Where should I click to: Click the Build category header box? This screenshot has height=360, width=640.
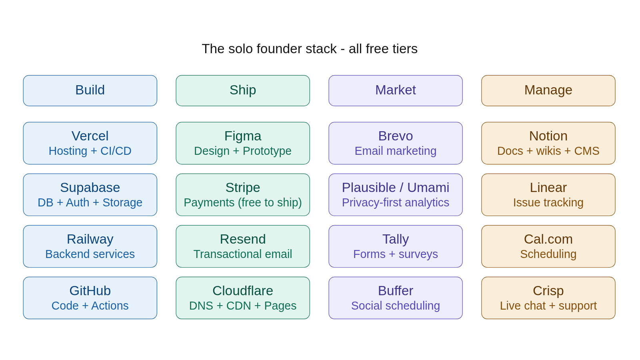point(90,90)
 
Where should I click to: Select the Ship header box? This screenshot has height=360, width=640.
point(243,90)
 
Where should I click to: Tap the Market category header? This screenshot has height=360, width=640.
point(396,90)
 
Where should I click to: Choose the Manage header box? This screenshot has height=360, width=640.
point(548,90)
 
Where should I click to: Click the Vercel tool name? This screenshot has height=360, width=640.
point(90,136)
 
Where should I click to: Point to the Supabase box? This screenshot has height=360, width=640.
point(90,195)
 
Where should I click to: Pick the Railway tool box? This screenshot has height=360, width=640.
point(90,246)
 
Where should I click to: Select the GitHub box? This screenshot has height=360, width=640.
point(90,298)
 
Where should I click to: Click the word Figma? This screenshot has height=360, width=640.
point(243,136)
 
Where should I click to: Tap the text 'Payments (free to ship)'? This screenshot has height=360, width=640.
point(243,202)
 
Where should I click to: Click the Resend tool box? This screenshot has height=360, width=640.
point(243,246)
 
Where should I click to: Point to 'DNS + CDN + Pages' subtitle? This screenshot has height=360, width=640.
point(243,306)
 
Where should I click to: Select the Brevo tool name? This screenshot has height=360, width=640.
point(396,136)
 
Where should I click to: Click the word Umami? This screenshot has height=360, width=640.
point(428,188)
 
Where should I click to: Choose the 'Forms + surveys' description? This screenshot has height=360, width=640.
point(396,254)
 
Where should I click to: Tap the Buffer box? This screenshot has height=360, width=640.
point(396,298)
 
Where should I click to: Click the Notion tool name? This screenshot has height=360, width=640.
point(548,136)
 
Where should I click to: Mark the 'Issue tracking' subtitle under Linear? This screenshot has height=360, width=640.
point(548,202)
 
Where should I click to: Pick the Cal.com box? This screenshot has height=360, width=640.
point(548,246)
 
